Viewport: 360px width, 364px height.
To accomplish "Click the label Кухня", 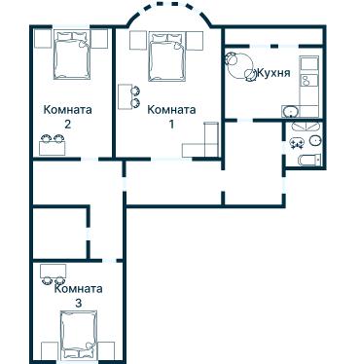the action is coord(273,73).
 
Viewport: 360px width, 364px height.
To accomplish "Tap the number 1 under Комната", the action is coord(171,124).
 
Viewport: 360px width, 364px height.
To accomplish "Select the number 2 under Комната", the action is coord(67,124).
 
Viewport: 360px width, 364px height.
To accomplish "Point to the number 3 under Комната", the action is coord(78,303).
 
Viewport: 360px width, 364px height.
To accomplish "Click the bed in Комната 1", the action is coord(167,56).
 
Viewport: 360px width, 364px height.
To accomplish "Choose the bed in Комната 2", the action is coord(72,55).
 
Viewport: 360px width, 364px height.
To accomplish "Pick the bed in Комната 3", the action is coord(79,335).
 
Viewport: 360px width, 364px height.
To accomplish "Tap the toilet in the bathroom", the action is coord(309,160).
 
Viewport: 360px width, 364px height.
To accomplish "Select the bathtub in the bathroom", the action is coord(306,127).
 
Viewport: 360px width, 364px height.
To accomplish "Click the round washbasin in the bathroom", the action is coord(315,141).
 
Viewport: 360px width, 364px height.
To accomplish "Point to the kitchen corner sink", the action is coord(290,112).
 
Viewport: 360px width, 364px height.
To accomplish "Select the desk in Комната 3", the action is coord(54,271).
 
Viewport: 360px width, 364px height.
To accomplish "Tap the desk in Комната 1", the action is coord(125,96).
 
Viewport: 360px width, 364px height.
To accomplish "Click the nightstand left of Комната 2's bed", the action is coord(43,39).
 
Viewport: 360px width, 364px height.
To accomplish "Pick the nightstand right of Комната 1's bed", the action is coord(195,41).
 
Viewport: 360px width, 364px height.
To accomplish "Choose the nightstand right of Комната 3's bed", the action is coord(106,350).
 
